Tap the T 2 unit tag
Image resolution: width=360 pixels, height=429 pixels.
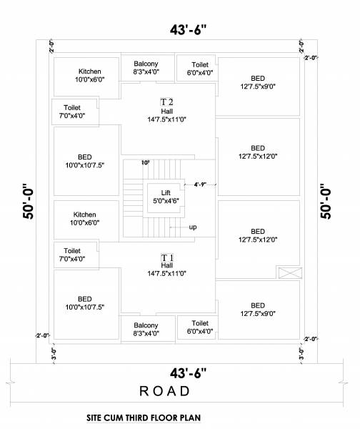point(166,101)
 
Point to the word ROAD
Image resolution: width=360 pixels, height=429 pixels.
point(165,391)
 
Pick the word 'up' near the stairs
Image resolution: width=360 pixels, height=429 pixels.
point(193,227)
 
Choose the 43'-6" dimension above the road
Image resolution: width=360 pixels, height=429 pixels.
point(188,373)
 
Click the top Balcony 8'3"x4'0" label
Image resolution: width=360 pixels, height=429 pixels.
point(146,68)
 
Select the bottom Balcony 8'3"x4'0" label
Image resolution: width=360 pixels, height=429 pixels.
point(146,328)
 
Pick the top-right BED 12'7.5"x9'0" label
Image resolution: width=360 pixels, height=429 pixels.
point(258,82)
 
